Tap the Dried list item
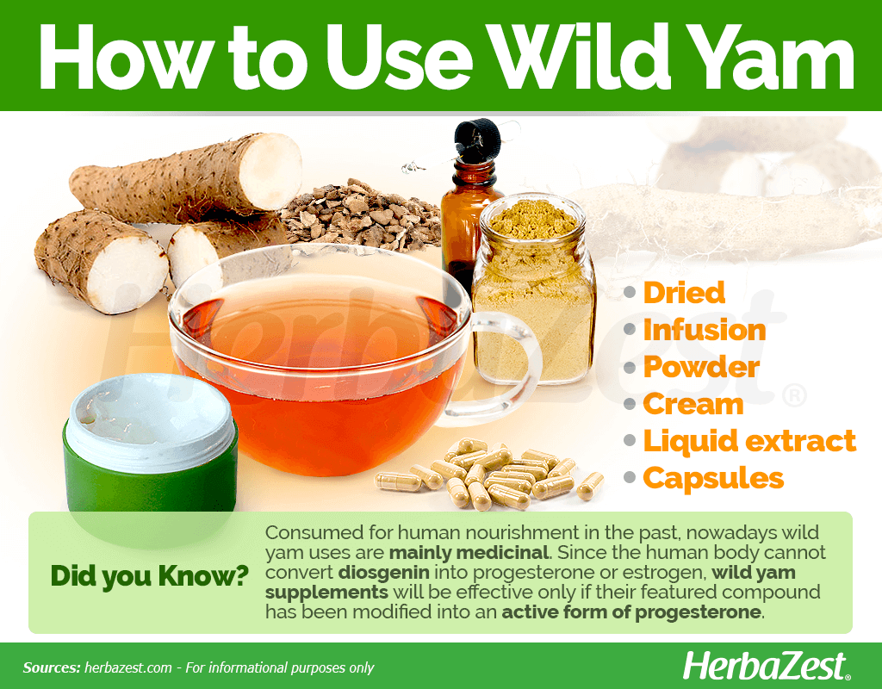tap(684, 293)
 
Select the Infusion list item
tap(705, 330)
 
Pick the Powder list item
tap(701, 367)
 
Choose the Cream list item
tap(693, 404)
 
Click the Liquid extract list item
tap(749, 441)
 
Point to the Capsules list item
tap(713, 479)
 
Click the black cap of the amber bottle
tap(477, 139)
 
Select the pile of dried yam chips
tap(361, 214)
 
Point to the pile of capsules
tap(489, 475)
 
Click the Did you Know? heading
tap(150, 576)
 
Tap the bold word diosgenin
tap(383, 573)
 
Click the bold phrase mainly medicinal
tap(469, 552)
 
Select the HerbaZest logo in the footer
tap(767, 667)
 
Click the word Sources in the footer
tap(51, 667)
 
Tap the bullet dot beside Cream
tap(630, 404)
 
